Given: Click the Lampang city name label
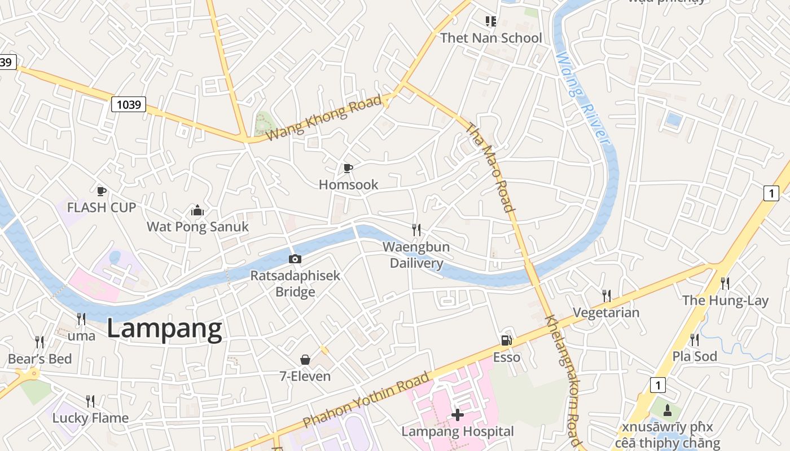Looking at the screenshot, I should tap(164, 329).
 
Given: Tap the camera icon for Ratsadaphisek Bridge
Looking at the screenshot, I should tap(295, 259).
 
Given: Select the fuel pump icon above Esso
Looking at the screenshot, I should tap(506, 340).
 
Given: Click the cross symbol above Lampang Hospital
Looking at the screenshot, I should tap(458, 415).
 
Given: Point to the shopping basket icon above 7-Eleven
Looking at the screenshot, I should tap(305, 360).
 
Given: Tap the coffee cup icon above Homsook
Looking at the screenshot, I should tap(348, 168).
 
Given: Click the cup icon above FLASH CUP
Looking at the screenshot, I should tap(102, 191).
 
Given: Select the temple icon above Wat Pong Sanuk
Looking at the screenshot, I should tap(197, 211).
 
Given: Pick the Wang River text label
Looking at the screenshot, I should tap(582, 99).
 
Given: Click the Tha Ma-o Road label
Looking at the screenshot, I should tap(490, 167).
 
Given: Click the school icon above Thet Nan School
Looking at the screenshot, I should tap(491, 21).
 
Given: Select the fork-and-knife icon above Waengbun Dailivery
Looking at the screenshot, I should tap(416, 230).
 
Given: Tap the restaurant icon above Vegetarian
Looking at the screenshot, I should tap(607, 295).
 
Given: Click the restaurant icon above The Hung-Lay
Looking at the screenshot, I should tap(725, 283).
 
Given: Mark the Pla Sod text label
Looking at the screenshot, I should tap(695, 356).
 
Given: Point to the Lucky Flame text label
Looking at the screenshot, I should tap(90, 418).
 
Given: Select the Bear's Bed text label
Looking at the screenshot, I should tap(39, 359).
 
